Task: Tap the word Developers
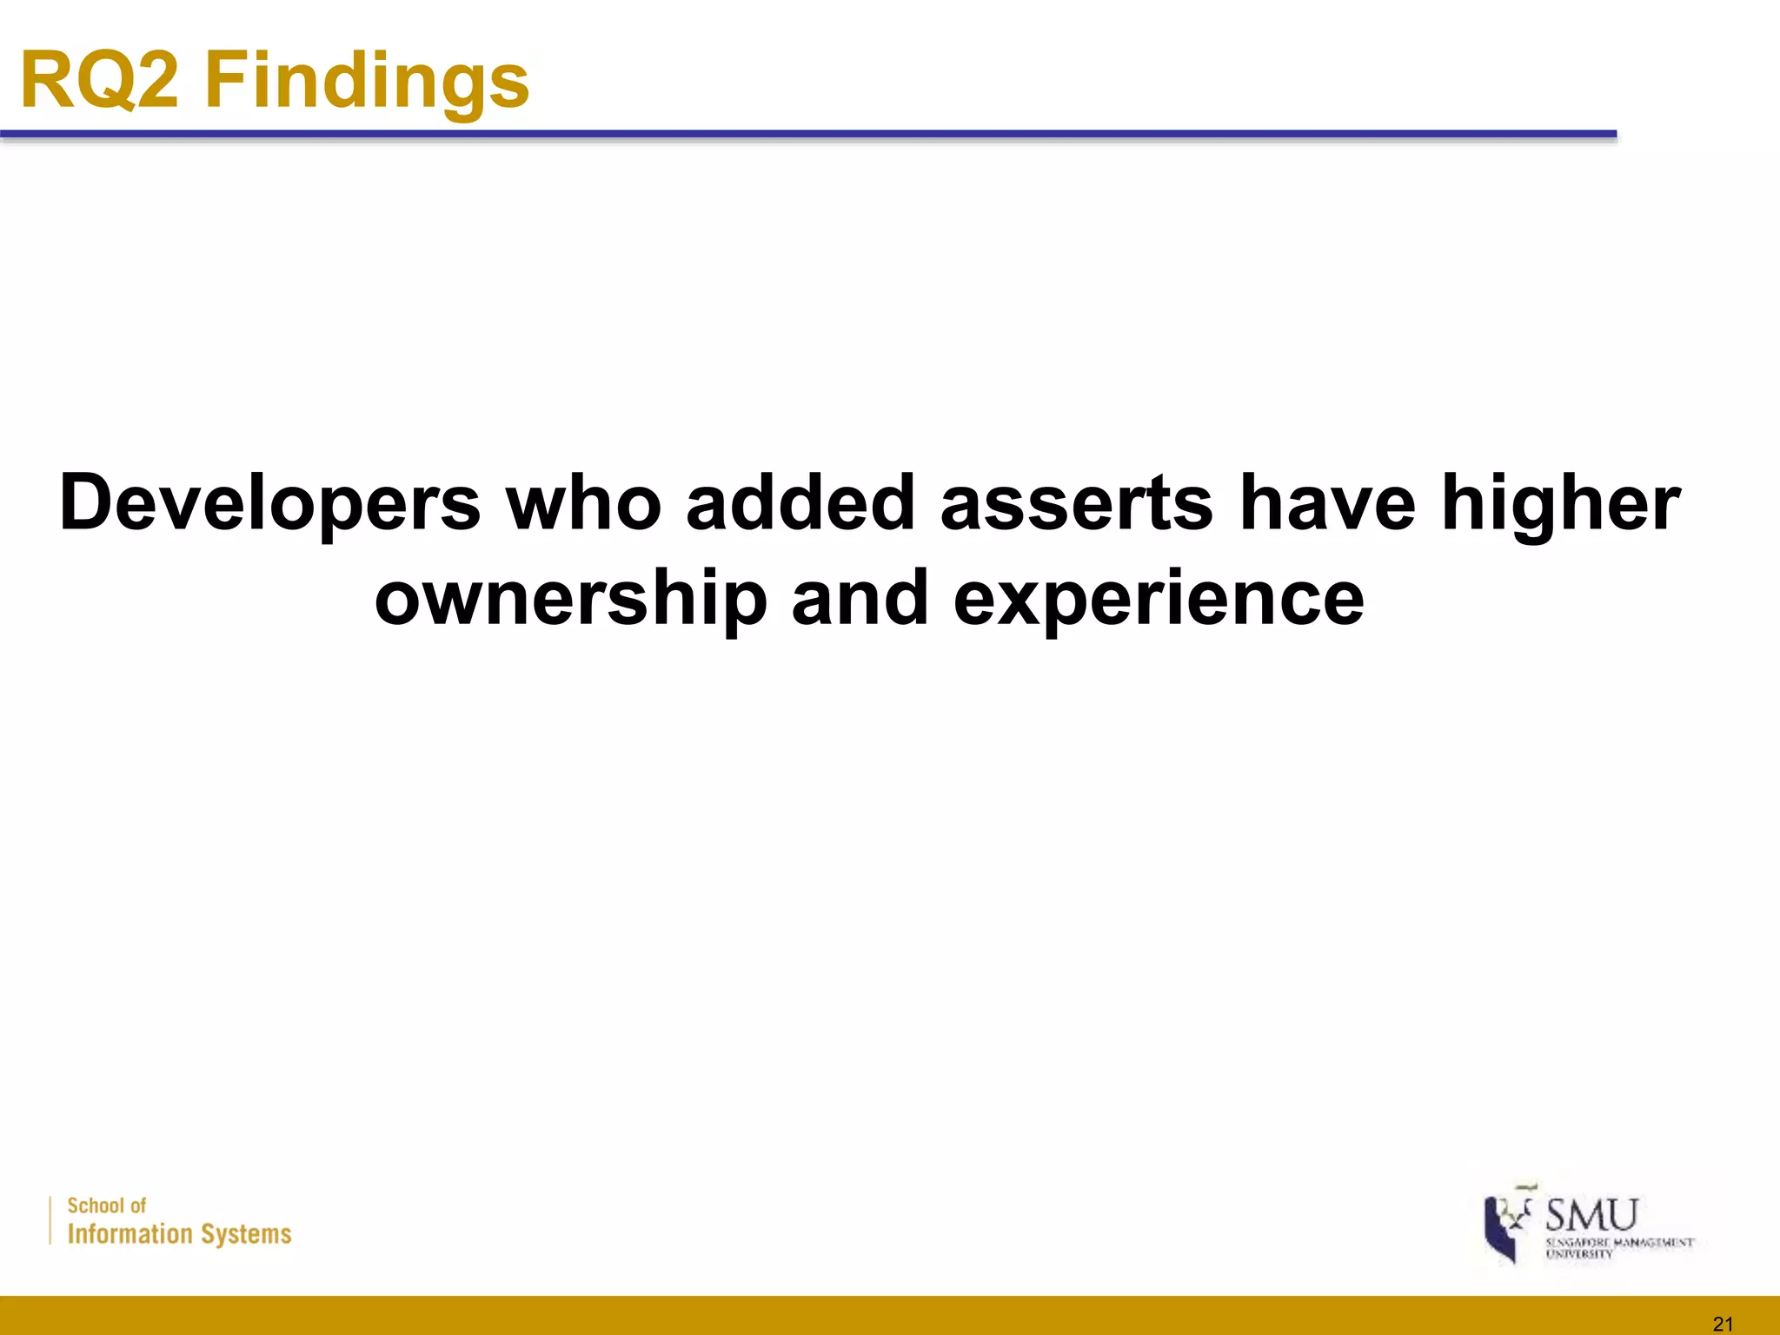click(x=269, y=505)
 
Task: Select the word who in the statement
click(x=584, y=503)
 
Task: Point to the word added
click(x=800, y=503)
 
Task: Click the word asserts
click(x=1077, y=505)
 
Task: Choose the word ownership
click(x=571, y=601)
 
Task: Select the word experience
click(x=1159, y=601)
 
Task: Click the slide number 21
click(x=1723, y=1324)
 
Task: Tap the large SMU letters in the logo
click(x=1591, y=1215)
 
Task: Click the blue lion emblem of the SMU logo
click(x=1504, y=1226)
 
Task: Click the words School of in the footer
click(x=107, y=1205)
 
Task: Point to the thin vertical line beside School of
click(x=50, y=1220)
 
